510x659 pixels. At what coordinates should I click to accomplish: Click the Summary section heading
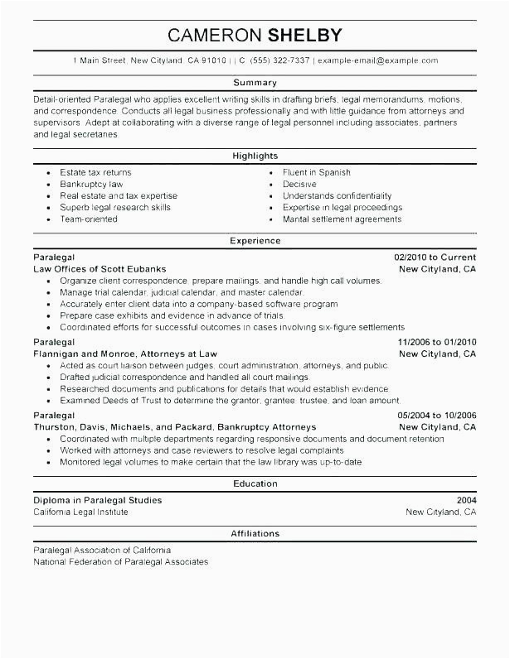pyautogui.click(x=255, y=83)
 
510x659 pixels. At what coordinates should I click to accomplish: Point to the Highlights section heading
pyautogui.click(x=255, y=155)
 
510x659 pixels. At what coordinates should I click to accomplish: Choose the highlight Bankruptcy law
pyautogui.click(x=91, y=184)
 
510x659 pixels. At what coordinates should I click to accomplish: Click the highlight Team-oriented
pyautogui.click(x=89, y=219)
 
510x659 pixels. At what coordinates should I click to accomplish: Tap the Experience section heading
pyautogui.click(x=255, y=240)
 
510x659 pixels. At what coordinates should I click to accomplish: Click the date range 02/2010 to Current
pyautogui.click(x=435, y=257)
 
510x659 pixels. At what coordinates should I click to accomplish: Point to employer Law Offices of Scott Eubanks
pyautogui.click(x=100, y=269)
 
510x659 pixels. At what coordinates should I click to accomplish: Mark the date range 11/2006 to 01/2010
pyautogui.click(x=437, y=342)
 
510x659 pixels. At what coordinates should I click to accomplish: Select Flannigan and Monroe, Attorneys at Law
pyautogui.click(x=125, y=354)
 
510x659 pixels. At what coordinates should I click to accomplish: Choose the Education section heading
pyautogui.click(x=255, y=483)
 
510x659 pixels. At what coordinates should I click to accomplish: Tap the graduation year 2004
pyautogui.click(x=466, y=500)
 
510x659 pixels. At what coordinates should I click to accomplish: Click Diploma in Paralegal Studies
pyautogui.click(x=98, y=500)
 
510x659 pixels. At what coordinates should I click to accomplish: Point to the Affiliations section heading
pyautogui.click(x=255, y=533)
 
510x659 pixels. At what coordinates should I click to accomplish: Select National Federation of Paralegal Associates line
pyautogui.click(x=121, y=562)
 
